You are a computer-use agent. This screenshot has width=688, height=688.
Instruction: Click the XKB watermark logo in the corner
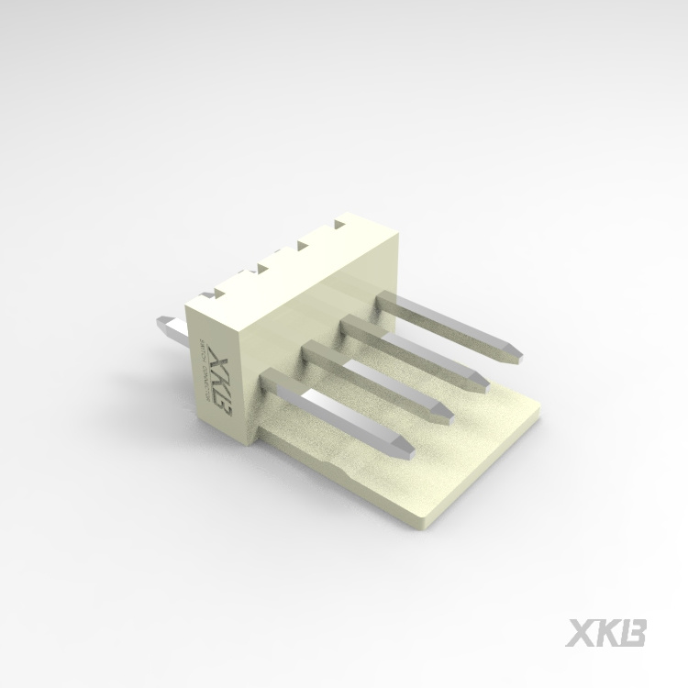[608, 633]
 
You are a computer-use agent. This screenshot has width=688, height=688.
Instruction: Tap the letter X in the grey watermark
[583, 633]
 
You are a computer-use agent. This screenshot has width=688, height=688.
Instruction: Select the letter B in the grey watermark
[634, 633]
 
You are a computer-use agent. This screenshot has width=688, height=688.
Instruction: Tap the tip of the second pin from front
[444, 413]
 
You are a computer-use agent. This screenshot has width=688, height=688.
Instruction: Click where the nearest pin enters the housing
[273, 383]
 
